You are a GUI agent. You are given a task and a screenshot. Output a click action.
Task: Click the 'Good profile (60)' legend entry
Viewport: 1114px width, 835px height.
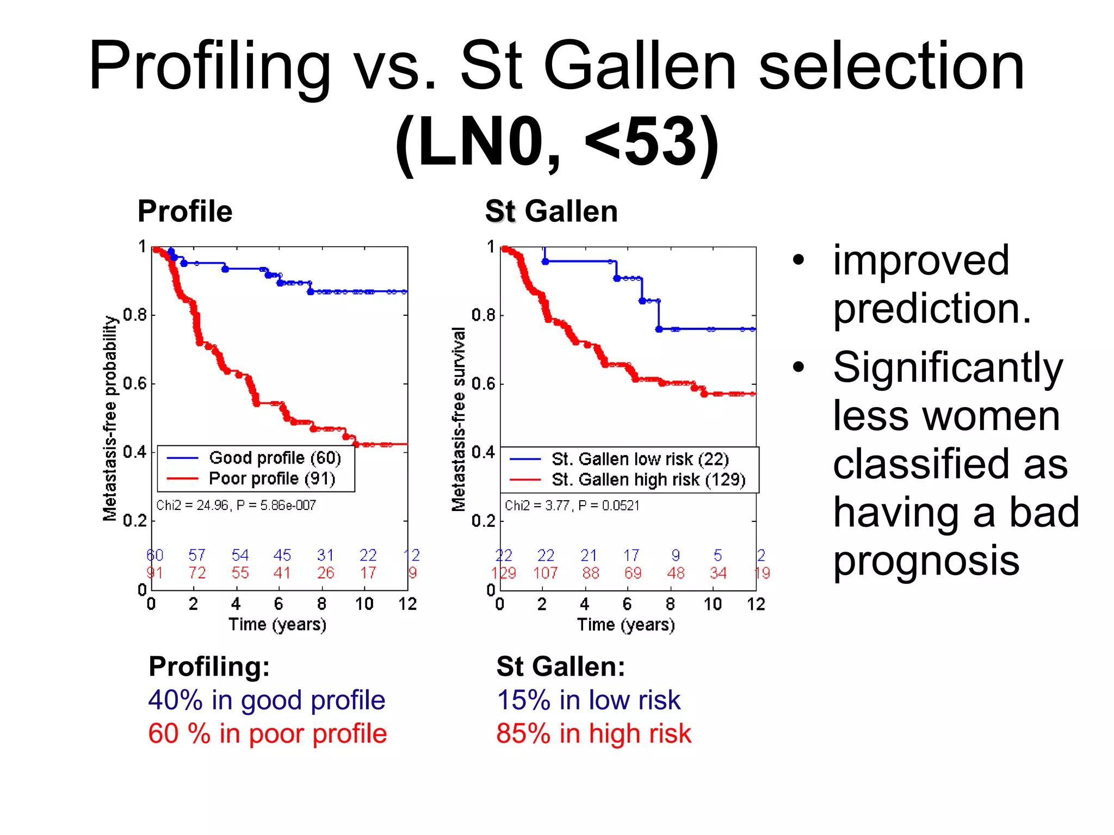pos(275,458)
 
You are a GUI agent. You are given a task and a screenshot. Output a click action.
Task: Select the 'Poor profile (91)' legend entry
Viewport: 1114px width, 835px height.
pos(271,478)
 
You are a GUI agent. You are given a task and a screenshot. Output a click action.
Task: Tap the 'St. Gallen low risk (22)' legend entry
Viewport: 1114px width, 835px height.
pos(640,459)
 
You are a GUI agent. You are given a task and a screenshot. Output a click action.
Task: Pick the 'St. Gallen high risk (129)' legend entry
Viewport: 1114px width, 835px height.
pos(648,479)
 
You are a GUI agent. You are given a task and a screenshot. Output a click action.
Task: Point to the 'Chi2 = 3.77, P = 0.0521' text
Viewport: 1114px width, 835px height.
pos(572,506)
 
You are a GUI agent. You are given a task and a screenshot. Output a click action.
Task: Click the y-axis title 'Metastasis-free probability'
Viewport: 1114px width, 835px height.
pos(110,418)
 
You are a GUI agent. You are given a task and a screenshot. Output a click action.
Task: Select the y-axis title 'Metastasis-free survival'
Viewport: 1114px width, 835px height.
pos(459,419)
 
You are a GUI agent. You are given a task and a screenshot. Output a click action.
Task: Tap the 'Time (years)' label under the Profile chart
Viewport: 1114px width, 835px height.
pos(277,624)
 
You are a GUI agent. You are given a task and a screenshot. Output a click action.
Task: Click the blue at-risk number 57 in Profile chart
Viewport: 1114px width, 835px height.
pos(197,555)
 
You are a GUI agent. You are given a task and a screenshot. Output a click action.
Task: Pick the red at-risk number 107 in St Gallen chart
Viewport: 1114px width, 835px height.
pos(546,573)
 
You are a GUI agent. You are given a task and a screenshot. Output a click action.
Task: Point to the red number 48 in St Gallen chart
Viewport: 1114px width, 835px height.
pos(676,573)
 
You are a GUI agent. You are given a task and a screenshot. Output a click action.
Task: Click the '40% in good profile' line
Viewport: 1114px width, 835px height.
pos(267,700)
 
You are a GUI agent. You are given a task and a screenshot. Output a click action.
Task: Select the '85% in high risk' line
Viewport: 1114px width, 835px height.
pos(593,733)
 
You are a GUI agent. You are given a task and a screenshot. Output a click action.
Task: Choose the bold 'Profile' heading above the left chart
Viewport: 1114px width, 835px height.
pos(185,211)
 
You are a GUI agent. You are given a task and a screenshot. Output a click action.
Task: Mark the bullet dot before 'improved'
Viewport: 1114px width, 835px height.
pos(798,260)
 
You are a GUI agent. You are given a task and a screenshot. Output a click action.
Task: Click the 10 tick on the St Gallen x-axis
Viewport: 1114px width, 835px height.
pos(713,604)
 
